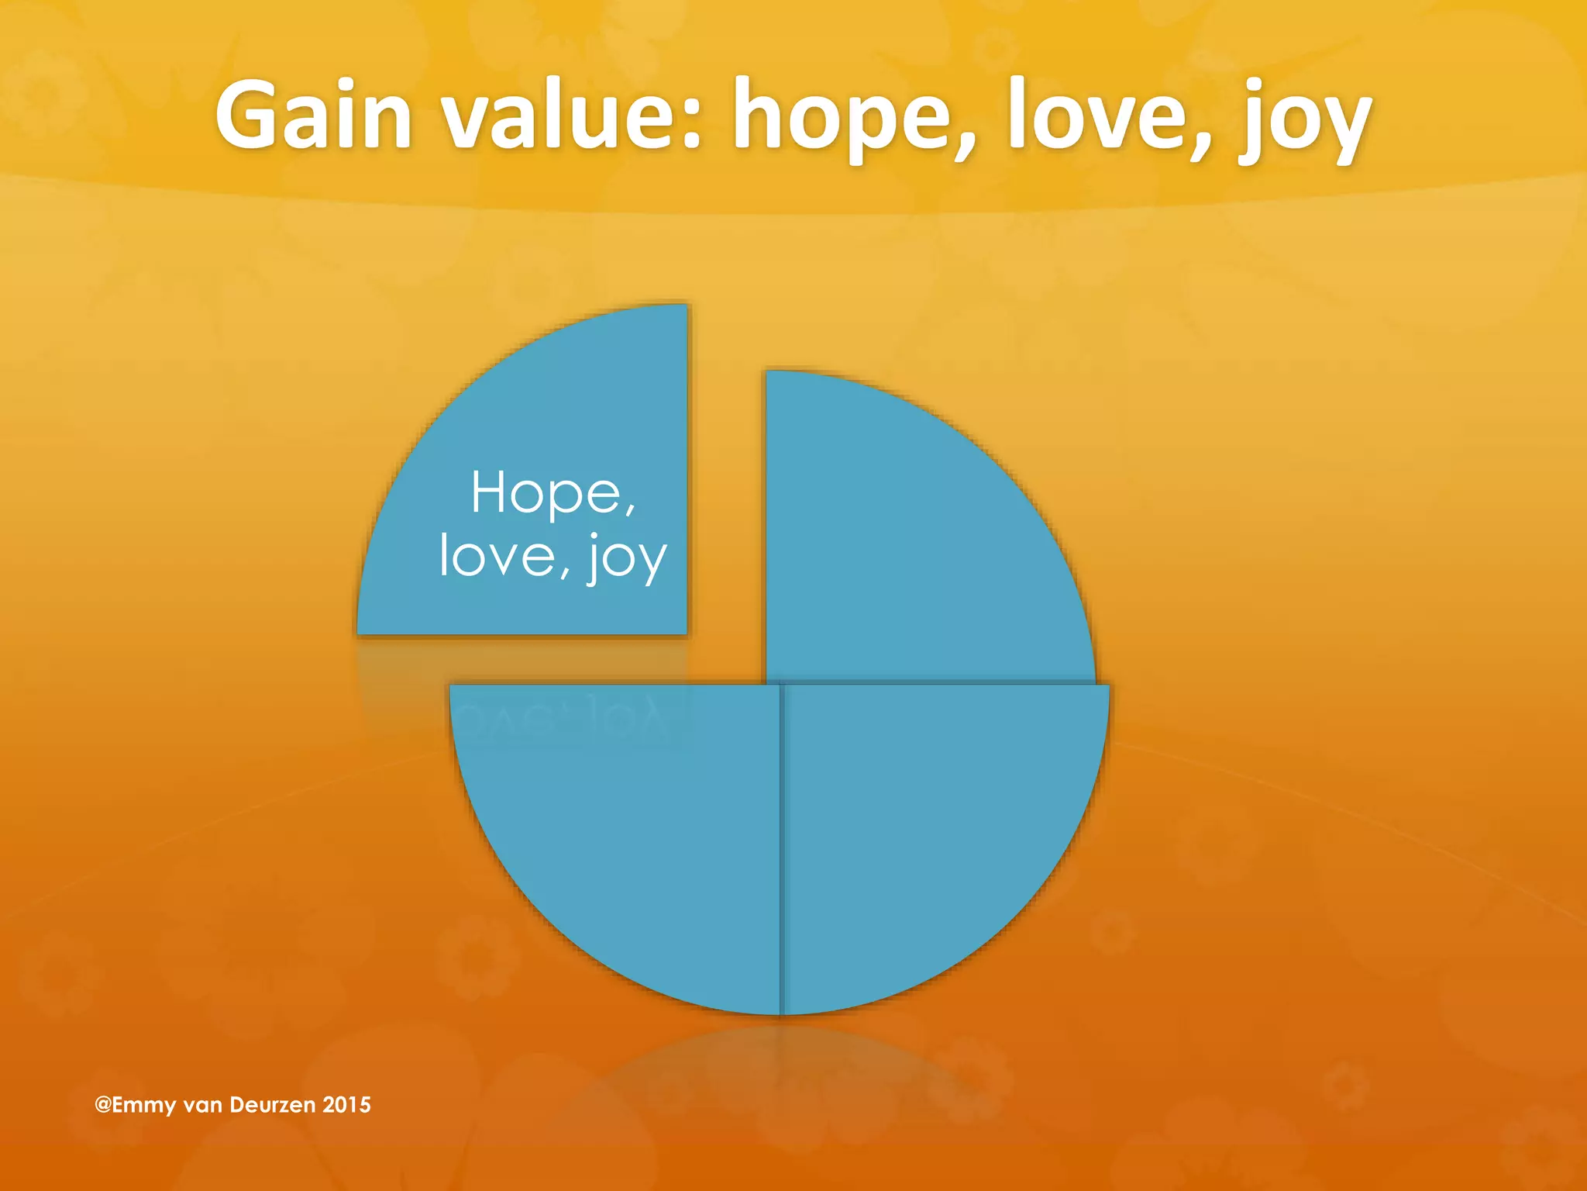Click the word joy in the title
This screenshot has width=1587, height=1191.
1305,120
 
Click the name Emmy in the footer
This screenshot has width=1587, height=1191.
144,1105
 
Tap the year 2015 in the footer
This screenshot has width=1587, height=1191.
347,1104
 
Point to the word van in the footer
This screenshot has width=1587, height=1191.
203,1105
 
